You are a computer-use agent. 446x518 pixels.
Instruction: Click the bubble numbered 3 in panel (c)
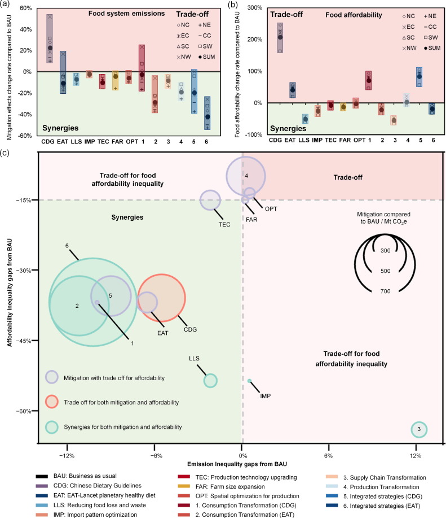(x=419, y=430)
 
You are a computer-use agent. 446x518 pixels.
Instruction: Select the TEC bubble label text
(x=224, y=224)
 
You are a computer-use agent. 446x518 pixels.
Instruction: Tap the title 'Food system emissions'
(x=117, y=12)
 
